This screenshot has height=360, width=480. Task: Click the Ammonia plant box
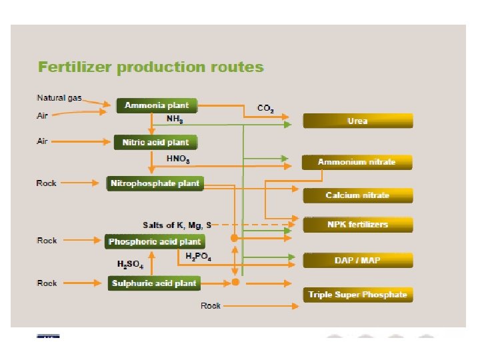(x=157, y=105)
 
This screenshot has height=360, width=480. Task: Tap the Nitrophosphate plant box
(x=155, y=183)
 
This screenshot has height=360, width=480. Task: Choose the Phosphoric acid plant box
(x=155, y=241)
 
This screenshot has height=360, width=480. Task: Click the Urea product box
(x=358, y=121)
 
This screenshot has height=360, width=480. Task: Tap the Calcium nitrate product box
(x=358, y=195)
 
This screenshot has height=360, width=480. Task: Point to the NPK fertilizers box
(x=358, y=225)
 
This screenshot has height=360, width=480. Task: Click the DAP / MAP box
(x=358, y=260)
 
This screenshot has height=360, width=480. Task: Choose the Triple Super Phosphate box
(x=358, y=295)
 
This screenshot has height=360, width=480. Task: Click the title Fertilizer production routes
(x=151, y=67)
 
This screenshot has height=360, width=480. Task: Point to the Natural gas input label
(x=59, y=98)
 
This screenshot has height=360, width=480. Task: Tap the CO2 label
(x=265, y=109)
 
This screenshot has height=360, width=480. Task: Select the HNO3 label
(x=178, y=159)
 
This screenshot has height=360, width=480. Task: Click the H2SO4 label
(x=130, y=265)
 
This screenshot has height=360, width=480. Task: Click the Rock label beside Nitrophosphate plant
(x=47, y=183)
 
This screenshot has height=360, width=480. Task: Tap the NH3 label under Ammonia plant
(x=175, y=119)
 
